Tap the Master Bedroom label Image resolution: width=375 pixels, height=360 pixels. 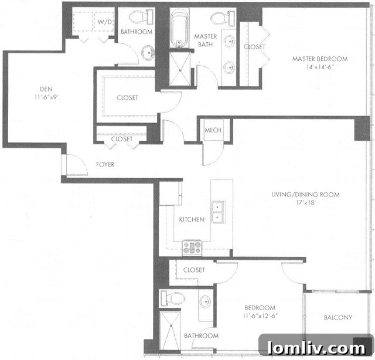click(319, 59)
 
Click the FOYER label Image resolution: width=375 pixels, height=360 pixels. click(105, 165)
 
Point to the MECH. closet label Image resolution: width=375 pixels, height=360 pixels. click(212, 130)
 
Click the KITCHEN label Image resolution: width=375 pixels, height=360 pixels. click(192, 219)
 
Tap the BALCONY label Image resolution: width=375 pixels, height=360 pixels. click(338, 318)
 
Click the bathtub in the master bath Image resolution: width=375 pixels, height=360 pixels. click(178, 30)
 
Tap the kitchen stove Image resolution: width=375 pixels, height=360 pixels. click(192, 248)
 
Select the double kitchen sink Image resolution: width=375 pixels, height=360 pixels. click(217, 212)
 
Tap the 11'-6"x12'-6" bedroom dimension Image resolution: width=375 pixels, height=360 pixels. click(260, 317)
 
